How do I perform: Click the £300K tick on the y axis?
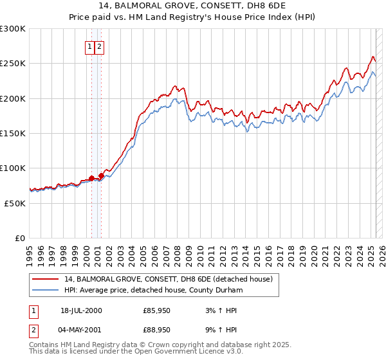pos(13,29)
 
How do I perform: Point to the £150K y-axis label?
pos(13,133)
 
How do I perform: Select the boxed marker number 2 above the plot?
pos(100,46)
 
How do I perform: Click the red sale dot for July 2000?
pos(92,177)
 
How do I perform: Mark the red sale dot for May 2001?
pos(101,175)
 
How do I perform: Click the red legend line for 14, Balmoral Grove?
pos(46,279)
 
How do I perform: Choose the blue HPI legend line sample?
pos(46,289)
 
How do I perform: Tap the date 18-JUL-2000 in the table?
pos(81,310)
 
